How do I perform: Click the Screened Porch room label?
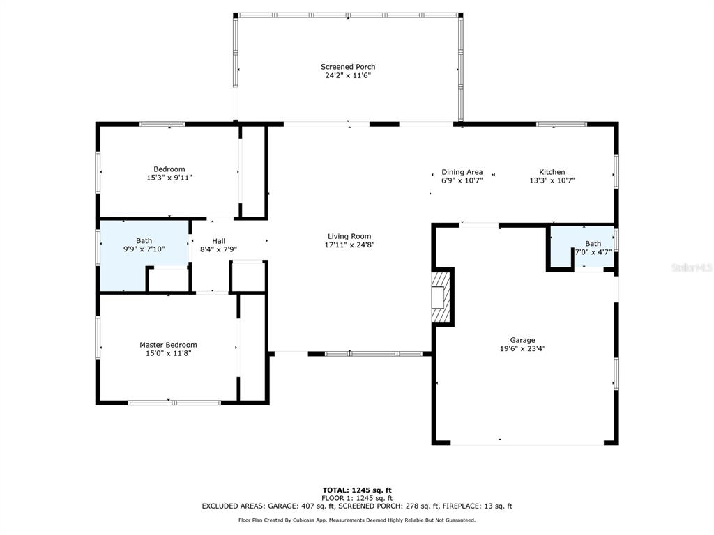pos(348,67)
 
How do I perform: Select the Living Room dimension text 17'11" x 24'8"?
pos(349,245)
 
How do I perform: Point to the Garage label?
pos(522,340)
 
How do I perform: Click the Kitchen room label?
pos(552,172)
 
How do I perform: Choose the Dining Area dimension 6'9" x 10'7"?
pos(462,180)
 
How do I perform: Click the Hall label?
pos(218,241)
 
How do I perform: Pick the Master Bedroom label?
pos(168,345)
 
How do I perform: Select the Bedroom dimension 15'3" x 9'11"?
pos(169,178)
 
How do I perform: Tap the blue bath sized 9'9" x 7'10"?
pos(144,255)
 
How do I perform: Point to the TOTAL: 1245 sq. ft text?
pos(357,490)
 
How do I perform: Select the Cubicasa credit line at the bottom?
pos(357,520)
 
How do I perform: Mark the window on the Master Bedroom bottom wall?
pos(174,403)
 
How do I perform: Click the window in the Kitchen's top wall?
pos(561,124)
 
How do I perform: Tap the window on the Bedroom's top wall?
pos(162,124)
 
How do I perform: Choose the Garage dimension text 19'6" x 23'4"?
pos(522,349)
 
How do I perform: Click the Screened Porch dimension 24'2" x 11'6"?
pos(348,75)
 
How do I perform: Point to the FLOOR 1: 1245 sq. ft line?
pos(357,498)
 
